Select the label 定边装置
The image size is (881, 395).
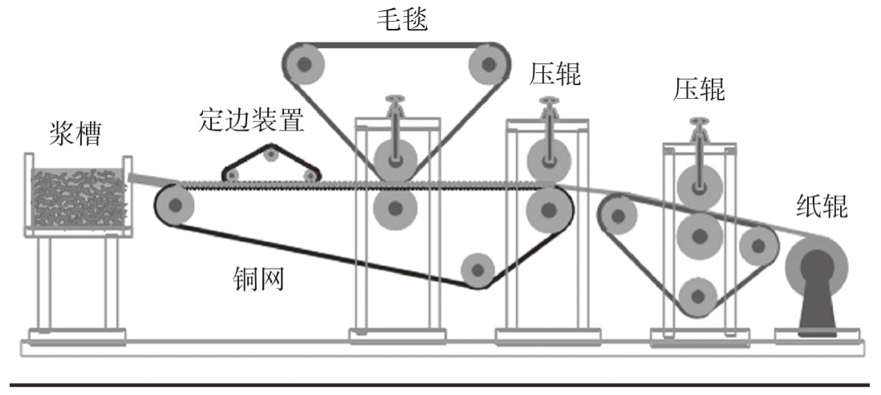[x=252, y=121]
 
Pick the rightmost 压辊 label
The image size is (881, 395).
[x=699, y=90]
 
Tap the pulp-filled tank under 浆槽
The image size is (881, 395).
[x=79, y=197]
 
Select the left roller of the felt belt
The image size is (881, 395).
[x=306, y=63]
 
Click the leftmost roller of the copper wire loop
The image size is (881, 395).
[x=175, y=206]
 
